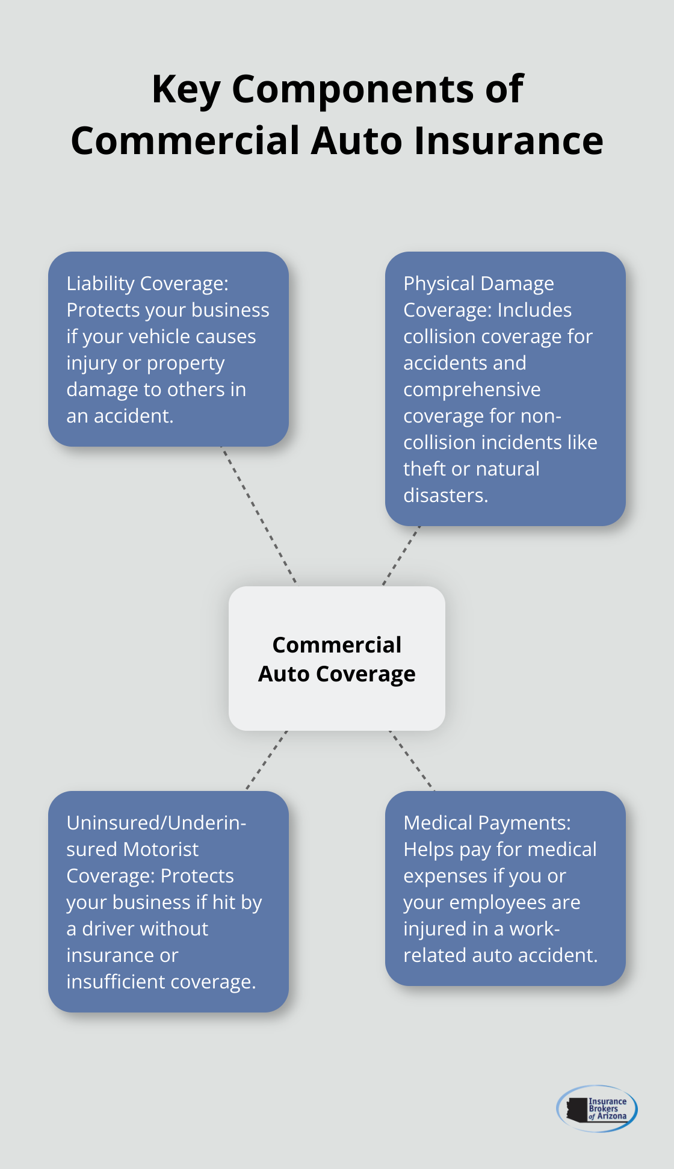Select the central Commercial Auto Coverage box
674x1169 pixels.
[337, 659]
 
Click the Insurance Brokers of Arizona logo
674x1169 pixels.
[597, 1108]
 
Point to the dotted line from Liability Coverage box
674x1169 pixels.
[259, 515]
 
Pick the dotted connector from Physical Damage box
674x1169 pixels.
[401, 555]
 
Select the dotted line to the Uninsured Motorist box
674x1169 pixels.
[267, 760]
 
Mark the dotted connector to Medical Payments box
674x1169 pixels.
[412, 760]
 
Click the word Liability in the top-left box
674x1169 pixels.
[100, 284]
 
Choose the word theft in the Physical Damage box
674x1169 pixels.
[424, 469]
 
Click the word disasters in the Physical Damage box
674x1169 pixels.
[445, 495]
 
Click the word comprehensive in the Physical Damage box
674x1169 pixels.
[472, 389]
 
